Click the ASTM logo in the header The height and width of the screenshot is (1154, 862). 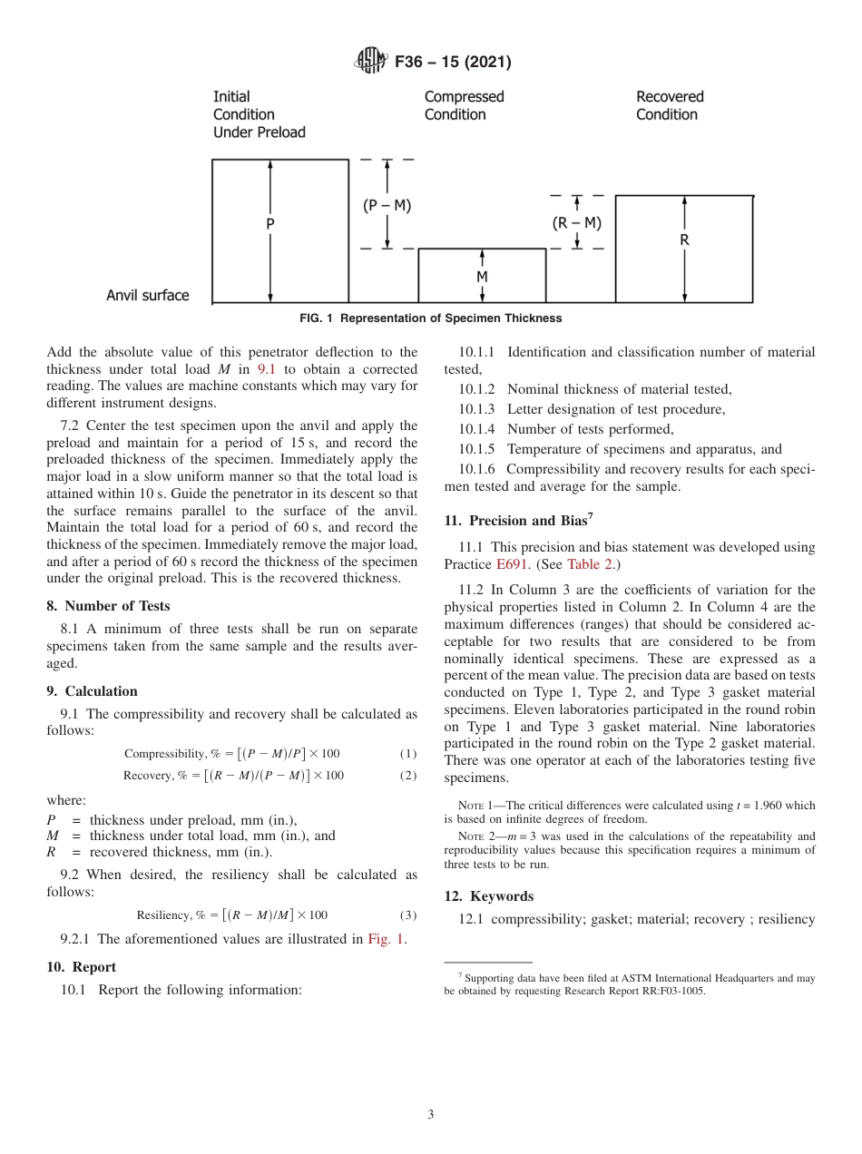coord(371,62)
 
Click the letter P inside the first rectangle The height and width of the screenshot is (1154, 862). coord(270,223)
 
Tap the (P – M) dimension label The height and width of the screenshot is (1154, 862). coord(387,206)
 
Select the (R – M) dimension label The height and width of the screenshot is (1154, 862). coord(577,223)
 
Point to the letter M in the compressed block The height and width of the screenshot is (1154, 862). coord(482,276)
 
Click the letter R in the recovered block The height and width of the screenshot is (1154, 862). coord(684,240)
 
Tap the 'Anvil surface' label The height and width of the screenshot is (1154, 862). coord(148,296)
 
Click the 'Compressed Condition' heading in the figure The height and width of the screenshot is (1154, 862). coord(464,105)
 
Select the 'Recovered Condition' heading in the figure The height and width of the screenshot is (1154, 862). coord(670,105)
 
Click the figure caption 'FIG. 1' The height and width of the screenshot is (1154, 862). coord(430,318)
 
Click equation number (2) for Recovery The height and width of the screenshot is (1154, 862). coord(407,776)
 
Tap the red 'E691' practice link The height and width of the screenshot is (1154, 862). coord(513,564)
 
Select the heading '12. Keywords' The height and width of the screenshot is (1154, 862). coord(488,896)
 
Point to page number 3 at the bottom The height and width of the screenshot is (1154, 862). coord(431,1115)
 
